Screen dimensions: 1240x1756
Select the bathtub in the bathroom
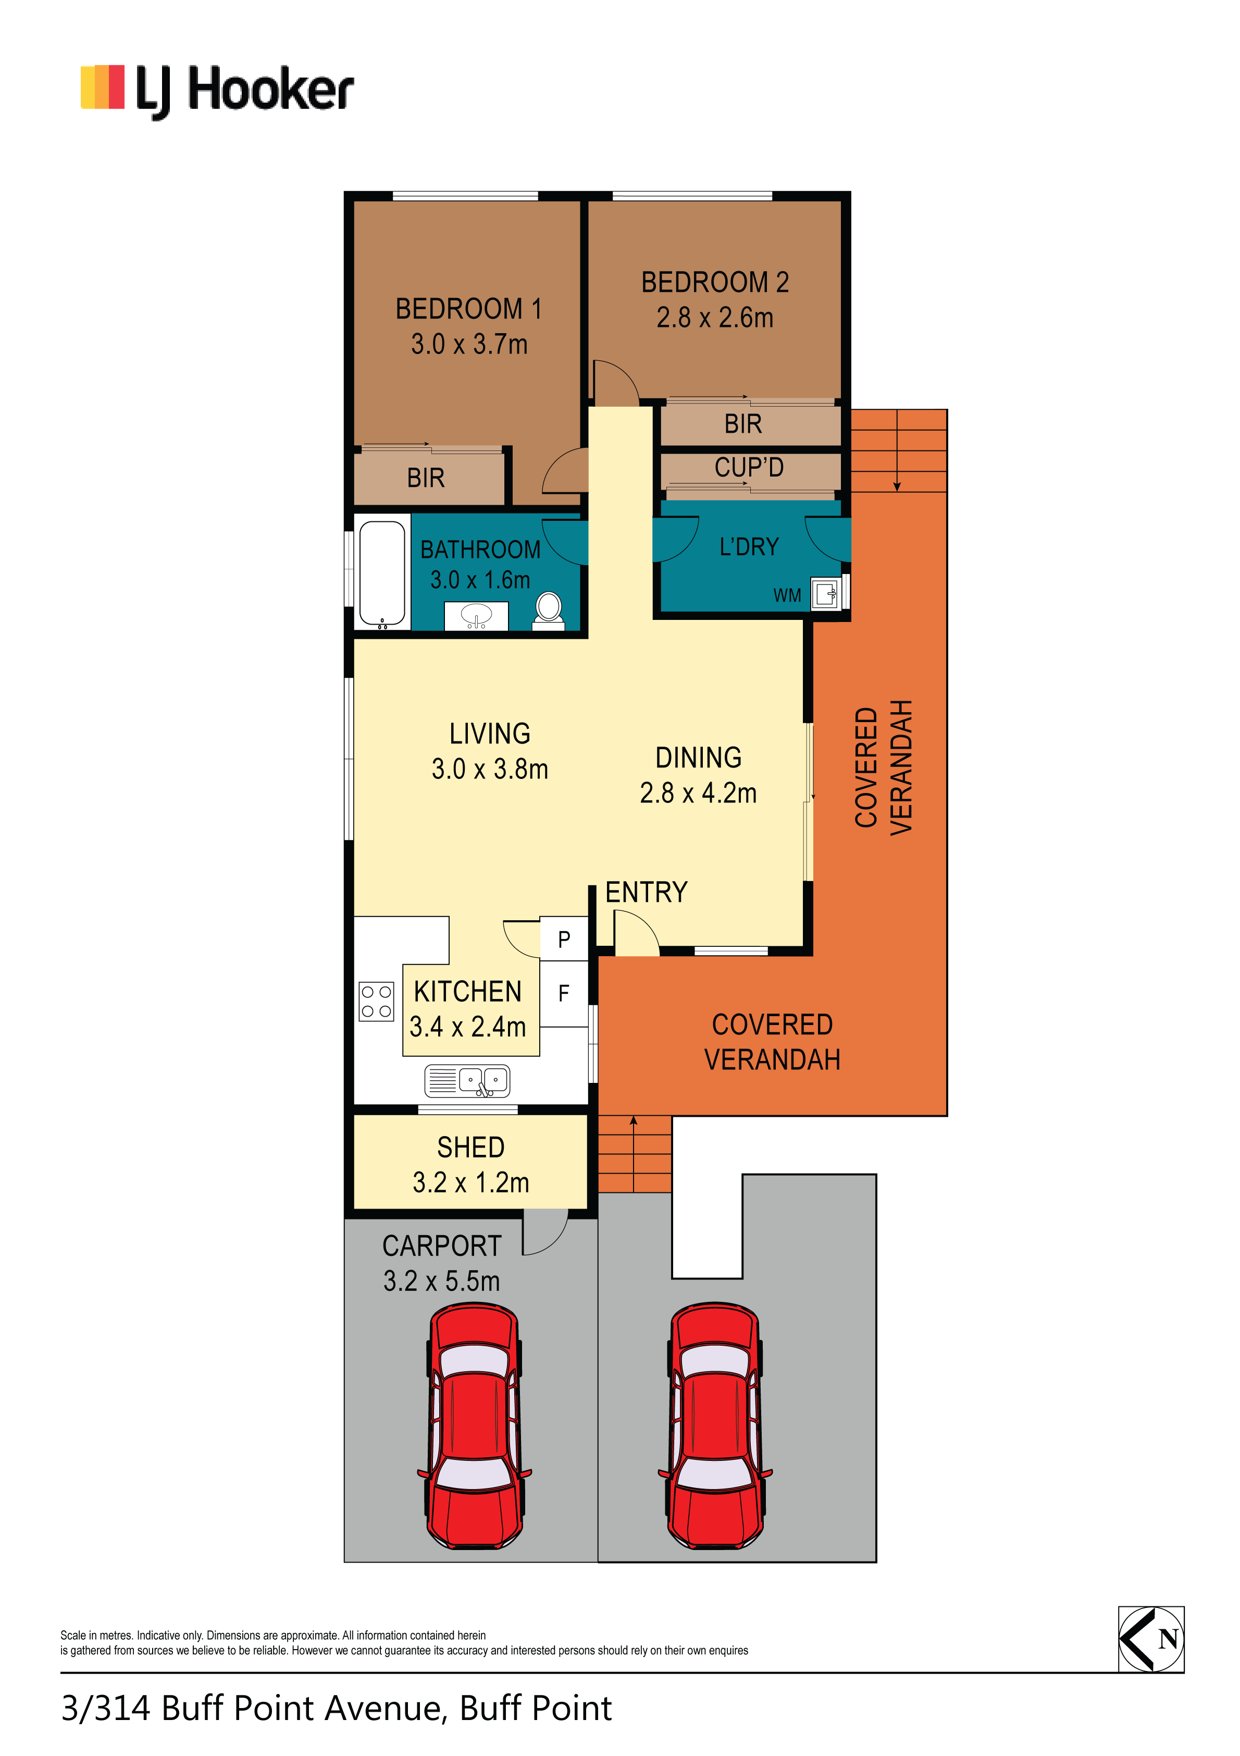[382, 574]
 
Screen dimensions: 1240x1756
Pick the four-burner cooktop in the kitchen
[376, 1001]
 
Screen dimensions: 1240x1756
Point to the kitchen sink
[467, 1081]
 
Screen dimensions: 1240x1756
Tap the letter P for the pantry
[564, 939]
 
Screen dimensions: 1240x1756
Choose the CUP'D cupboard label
[749, 467]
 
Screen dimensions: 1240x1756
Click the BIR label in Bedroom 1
[426, 478]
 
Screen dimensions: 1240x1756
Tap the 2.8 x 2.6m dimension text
[715, 318]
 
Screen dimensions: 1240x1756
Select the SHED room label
[471, 1147]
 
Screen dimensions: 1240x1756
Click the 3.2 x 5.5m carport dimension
[442, 1281]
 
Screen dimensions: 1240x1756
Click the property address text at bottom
[337, 1708]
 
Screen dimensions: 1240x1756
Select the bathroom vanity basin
[476, 616]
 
